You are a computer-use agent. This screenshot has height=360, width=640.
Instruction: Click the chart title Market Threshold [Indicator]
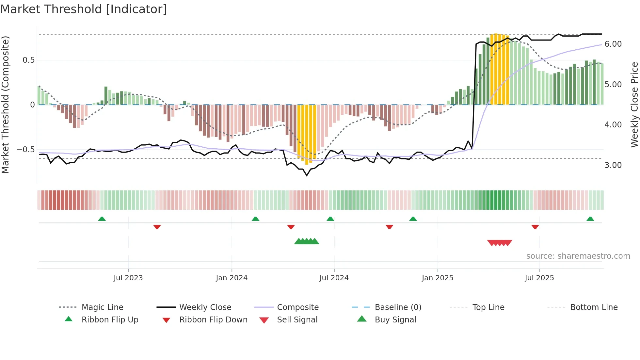click(x=84, y=9)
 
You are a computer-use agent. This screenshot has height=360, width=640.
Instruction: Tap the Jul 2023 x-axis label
click(x=128, y=278)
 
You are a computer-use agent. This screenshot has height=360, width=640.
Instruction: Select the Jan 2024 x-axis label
click(x=232, y=278)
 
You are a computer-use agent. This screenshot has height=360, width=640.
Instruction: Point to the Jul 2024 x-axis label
click(x=334, y=278)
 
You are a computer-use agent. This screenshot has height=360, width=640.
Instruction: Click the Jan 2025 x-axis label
click(x=437, y=278)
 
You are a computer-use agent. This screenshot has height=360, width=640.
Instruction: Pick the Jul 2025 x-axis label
click(x=539, y=278)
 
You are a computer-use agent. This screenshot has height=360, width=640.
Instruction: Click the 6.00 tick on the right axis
click(x=613, y=44)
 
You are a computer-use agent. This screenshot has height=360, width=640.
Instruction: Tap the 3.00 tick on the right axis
click(x=613, y=165)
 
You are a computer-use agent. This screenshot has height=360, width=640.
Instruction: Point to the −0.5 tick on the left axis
click(x=25, y=150)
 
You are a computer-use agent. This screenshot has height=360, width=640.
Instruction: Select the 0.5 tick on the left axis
click(x=28, y=60)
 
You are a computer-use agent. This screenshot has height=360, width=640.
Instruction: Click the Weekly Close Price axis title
click(x=634, y=105)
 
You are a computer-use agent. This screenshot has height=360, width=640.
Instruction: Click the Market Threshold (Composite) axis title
click(x=5, y=105)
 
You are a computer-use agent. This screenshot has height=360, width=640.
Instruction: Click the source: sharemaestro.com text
click(x=578, y=256)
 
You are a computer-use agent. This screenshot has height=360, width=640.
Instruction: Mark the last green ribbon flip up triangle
click(x=590, y=219)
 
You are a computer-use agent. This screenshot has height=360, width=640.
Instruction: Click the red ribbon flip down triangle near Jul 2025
click(x=535, y=227)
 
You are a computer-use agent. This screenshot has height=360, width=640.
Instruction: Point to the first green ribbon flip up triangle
click(x=102, y=219)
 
